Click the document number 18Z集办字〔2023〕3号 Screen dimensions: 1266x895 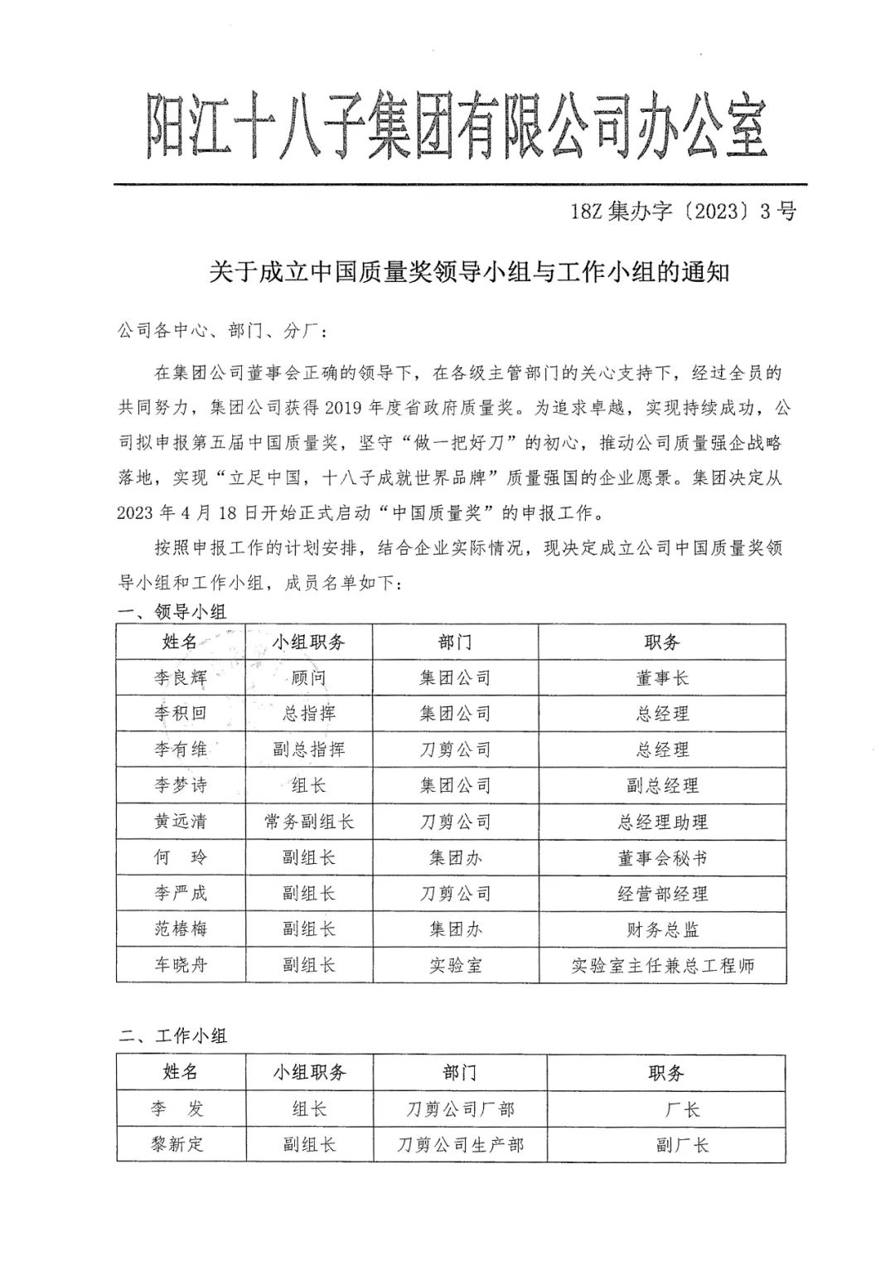pyautogui.click(x=683, y=212)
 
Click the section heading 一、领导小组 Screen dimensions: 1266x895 pyautogui.click(x=172, y=612)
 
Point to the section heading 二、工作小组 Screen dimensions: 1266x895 pyautogui.click(x=172, y=1035)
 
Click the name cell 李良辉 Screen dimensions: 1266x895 pyautogui.click(x=180, y=678)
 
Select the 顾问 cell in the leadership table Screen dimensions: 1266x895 pyautogui.click(x=309, y=678)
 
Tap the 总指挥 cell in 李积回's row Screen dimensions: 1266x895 pyautogui.click(x=309, y=714)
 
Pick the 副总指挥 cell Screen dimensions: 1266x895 pyautogui.click(x=309, y=749)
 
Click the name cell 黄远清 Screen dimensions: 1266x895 pyautogui.click(x=180, y=822)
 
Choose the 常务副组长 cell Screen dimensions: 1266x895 pyautogui.click(x=309, y=822)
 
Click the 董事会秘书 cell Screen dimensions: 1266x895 pyautogui.click(x=662, y=858)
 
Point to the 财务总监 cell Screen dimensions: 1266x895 pyautogui.click(x=662, y=929)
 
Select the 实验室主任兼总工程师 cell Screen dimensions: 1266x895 pyautogui.click(x=662, y=966)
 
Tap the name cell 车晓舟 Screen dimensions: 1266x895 pyautogui.click(x=180, y=966)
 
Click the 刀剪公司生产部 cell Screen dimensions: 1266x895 pyautogui.click(x=460, y=1145)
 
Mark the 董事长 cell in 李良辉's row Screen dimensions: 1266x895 pyautogui.click(x=662, y=678)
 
